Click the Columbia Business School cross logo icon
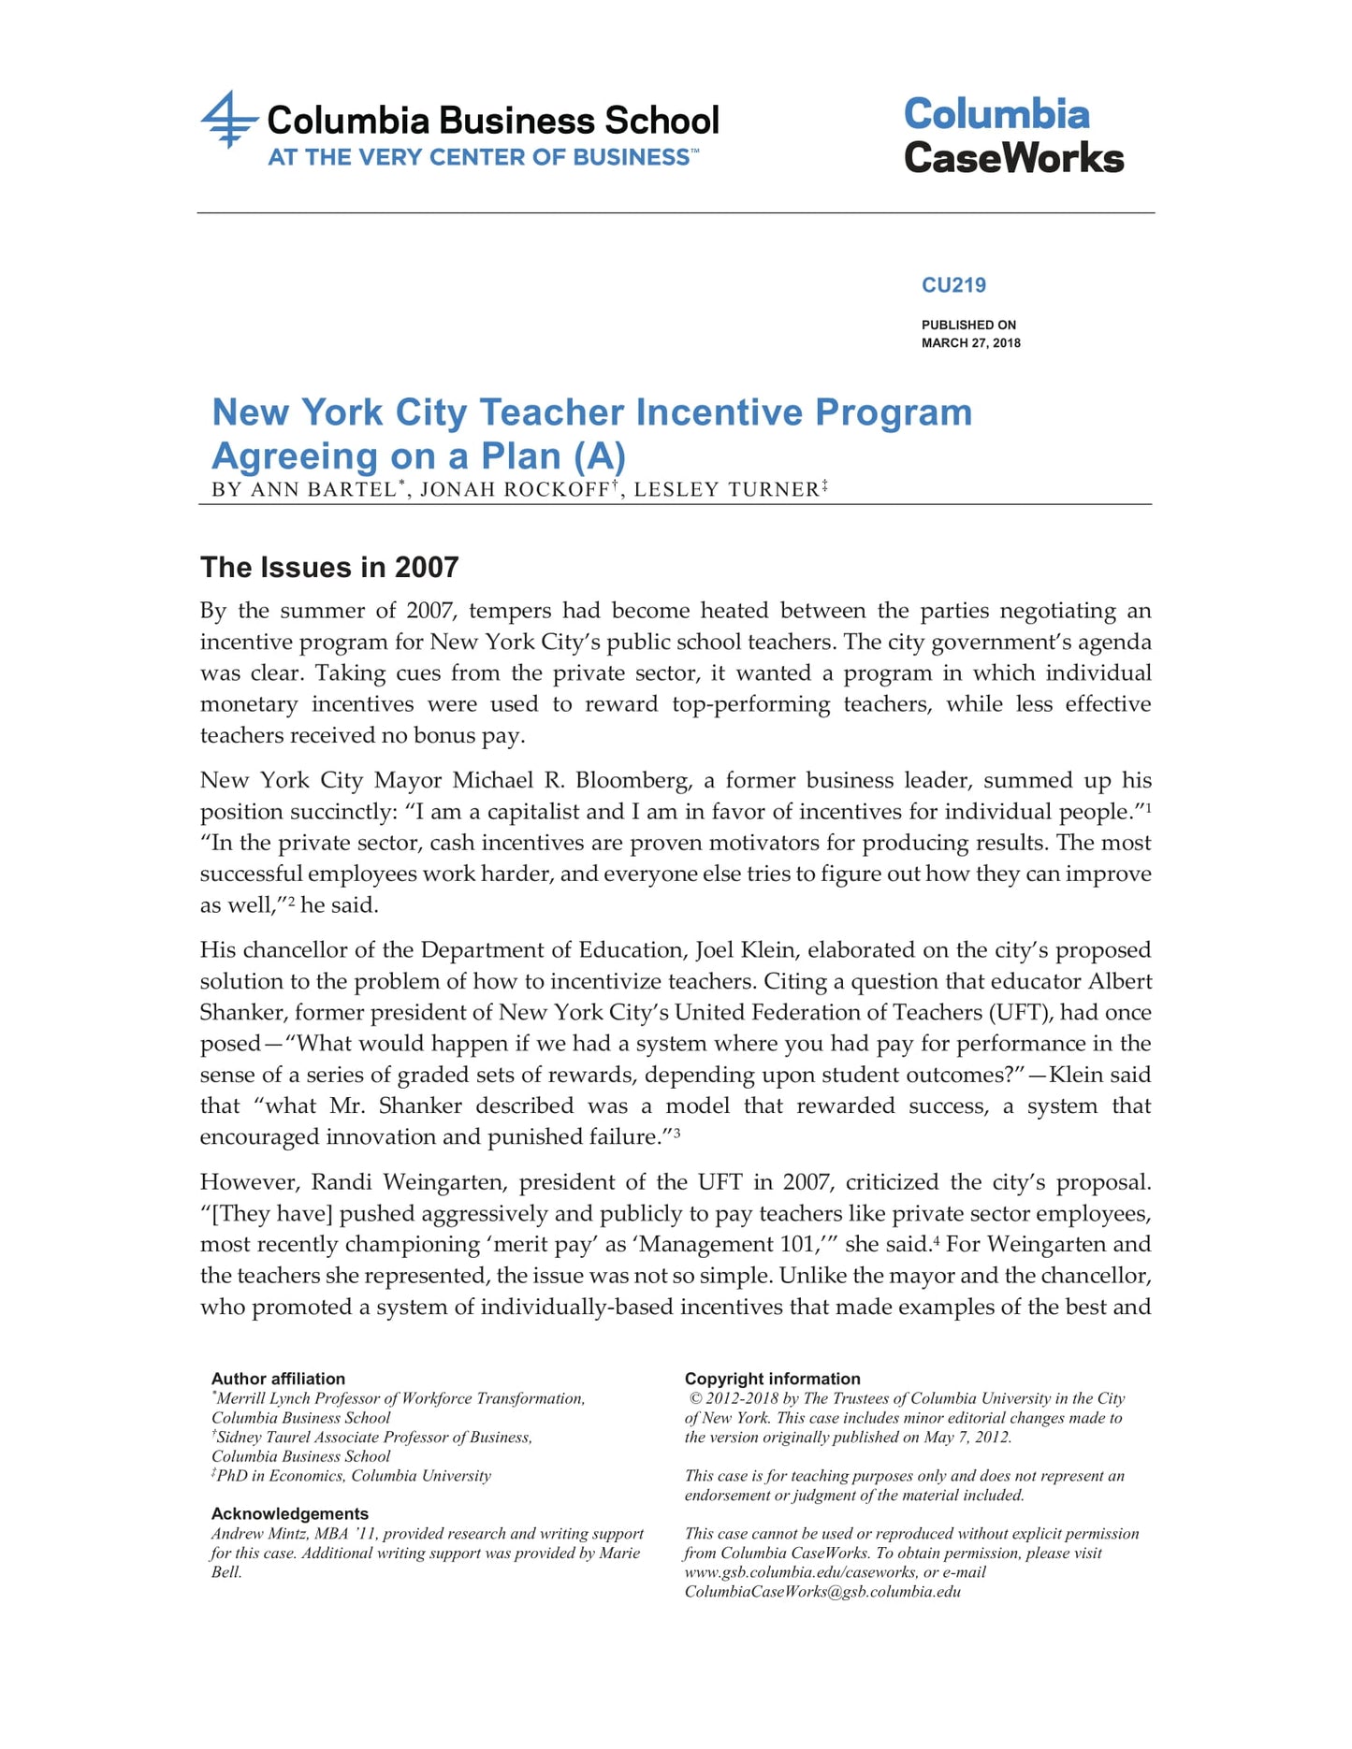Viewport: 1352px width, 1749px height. coord(228,120)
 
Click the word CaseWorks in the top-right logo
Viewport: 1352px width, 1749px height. coord(1013,157)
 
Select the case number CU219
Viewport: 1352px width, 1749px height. coord(953,285)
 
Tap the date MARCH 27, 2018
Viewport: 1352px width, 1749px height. coord(970,343)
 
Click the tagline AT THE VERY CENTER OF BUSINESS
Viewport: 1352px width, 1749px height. coord(478,157)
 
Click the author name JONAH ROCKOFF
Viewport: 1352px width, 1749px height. coord(514,489)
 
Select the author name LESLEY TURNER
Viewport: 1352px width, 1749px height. coord(726,489)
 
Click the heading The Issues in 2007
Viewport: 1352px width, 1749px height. coord(329,567)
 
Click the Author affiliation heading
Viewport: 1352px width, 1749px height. coord(278,1379)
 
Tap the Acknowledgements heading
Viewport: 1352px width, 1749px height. coord(289,1513)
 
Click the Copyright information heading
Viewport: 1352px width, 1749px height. coord(772,1379)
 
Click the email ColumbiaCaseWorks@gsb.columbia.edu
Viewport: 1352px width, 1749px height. coord(822,1592)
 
